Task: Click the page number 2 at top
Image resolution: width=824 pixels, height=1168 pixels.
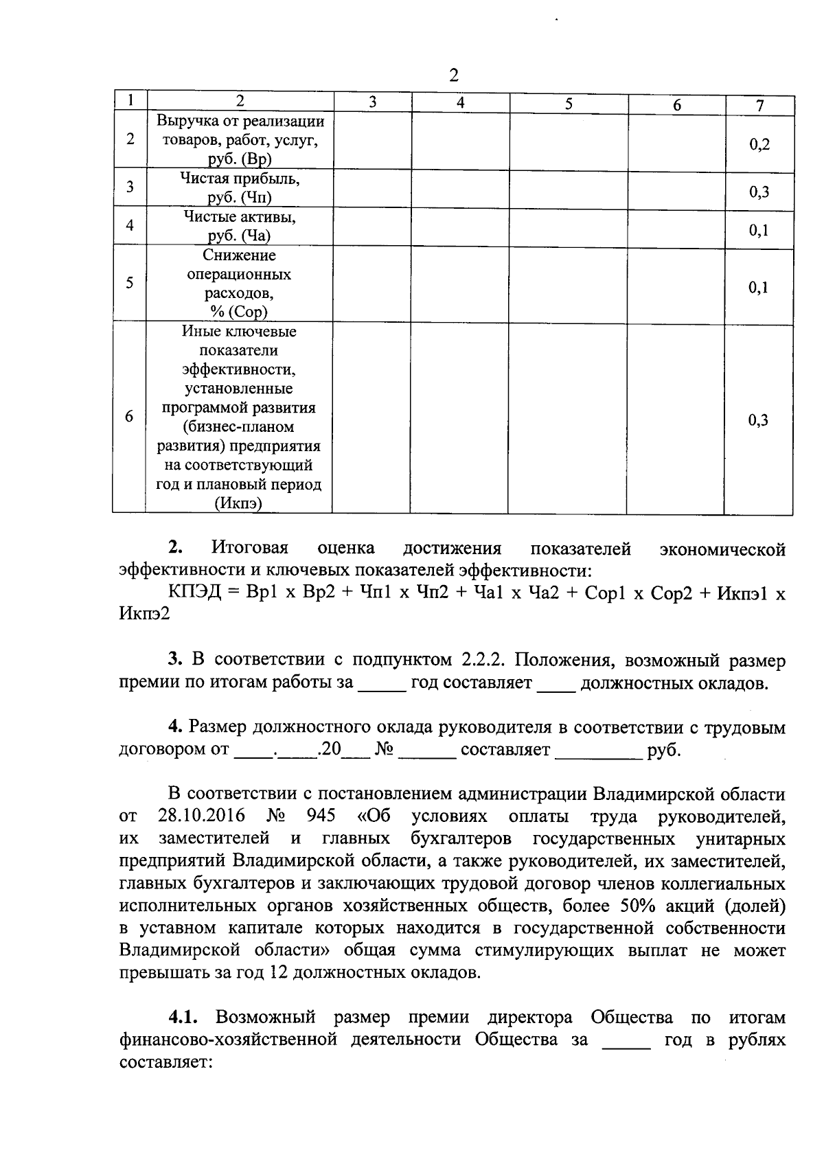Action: [x=453, y=76]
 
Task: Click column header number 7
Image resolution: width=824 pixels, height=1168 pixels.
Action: [x=759, y=105]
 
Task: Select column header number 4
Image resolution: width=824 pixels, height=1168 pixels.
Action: [x=460, y=103]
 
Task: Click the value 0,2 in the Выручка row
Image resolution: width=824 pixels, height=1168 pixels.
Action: [x=759, y=144]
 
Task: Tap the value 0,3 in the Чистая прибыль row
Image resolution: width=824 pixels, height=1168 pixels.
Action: [x=759, y=192]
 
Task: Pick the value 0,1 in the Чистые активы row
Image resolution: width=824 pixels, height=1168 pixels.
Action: [x=759, y=230]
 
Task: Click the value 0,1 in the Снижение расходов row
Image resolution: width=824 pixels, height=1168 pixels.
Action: [x=759, y=287]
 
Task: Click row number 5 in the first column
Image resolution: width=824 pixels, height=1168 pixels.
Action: [x=130, y=283]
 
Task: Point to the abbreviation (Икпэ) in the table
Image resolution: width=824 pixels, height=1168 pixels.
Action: [x=238, y=504]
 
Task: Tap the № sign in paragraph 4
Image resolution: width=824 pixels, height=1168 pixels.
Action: [x=383, y=750]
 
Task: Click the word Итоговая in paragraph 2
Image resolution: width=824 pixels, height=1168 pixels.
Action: [x=250, y=549]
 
